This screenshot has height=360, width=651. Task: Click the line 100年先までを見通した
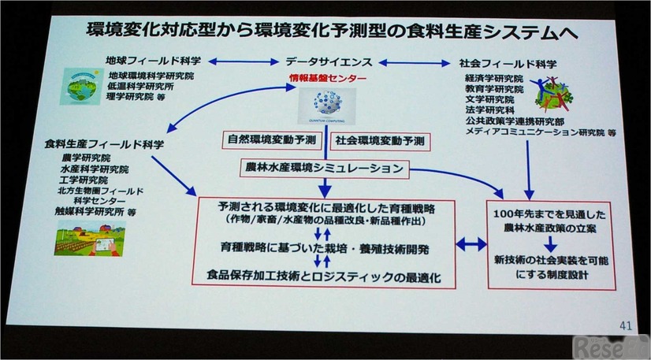coord(546,214)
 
